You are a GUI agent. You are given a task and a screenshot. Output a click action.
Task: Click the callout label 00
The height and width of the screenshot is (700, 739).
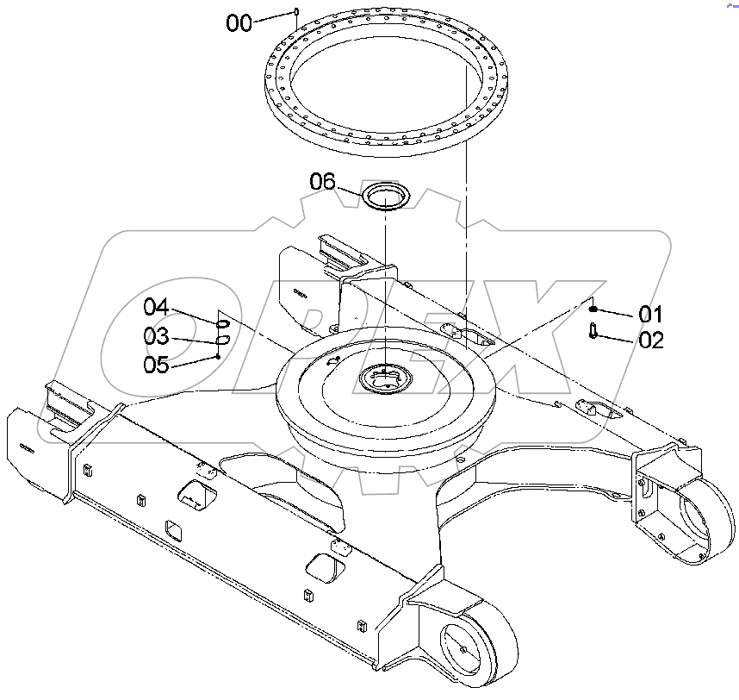click(239, 23)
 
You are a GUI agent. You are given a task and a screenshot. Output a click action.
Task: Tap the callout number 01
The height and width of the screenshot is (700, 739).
click(650, 313)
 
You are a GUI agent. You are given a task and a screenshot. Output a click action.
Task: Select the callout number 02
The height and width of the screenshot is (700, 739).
click(651, 340)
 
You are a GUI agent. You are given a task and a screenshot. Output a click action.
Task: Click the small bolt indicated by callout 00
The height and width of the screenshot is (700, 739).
click(296, 11)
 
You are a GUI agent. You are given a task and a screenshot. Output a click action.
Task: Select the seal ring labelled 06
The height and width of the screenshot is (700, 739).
click(388, 196)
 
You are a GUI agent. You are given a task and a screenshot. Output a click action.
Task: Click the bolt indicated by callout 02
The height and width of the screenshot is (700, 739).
click(593, 329)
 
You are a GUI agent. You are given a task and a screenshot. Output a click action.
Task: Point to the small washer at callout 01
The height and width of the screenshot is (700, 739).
click(593, 308)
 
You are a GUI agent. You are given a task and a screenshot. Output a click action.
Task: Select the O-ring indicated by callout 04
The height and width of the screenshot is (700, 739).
click(222, 324)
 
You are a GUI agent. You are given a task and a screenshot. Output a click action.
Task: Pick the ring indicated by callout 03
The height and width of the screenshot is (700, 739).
click(221, 342)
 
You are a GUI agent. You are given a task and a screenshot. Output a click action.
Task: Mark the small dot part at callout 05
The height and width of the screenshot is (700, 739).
click(220, 355)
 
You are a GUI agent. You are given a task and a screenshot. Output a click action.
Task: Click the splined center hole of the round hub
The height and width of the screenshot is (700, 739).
click(382, 378)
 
